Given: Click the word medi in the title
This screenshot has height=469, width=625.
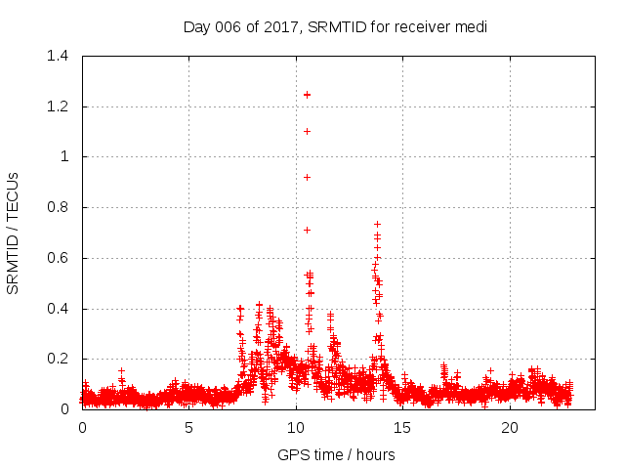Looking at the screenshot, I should click(x=472, y=26).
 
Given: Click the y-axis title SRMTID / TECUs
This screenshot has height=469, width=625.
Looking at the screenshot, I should click(x=14, y=232).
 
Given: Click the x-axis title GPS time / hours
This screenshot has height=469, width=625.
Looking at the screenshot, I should click(x=336, y=454).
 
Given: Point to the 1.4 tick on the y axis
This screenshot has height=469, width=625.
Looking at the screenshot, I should click(x=60, y=56).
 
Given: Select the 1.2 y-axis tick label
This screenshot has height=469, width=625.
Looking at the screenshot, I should click(x=60, y=107).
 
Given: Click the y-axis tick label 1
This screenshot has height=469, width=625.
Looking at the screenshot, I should click(x=65, y=156).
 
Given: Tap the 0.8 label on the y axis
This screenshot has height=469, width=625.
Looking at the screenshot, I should click(x=60, y=207).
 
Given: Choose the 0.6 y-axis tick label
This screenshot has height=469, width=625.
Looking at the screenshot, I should click(x=60, y=258).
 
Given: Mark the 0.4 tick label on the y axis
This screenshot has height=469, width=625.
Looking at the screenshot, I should click(x=60, y=309).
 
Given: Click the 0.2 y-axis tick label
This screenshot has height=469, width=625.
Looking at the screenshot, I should click(x=60, y=360).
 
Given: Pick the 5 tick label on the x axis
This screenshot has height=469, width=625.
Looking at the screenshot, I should click(x=188, y=427).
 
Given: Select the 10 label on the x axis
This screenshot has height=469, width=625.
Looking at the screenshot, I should click(x=296, y=427).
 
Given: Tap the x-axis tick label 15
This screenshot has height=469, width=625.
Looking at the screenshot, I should click(x=402, y=427).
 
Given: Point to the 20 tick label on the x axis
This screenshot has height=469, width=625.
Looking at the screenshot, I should click(x=510, y=427).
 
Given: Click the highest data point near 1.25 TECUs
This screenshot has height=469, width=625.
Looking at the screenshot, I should click(x=307, y=95).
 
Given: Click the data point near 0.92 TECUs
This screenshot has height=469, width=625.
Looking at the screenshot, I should click(x=307, y=177).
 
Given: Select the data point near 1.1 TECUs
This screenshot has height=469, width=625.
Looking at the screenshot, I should click(x=307, y=131).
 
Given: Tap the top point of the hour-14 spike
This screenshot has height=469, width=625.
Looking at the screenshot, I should click(x=377, y=224).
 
